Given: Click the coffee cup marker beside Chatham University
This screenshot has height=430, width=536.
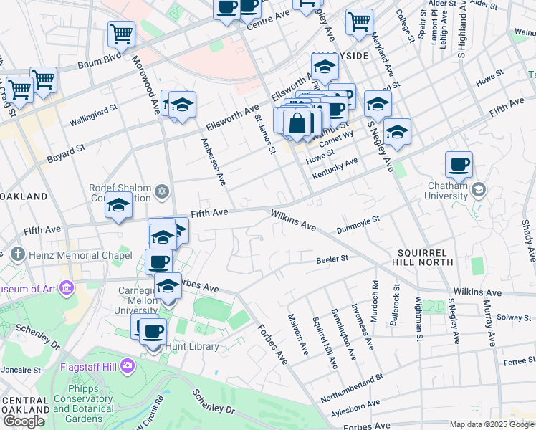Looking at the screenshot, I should point(459,164).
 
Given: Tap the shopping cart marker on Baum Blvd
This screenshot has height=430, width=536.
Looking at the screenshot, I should point(121,34).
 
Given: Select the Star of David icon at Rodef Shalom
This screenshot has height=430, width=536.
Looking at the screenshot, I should point(162,193).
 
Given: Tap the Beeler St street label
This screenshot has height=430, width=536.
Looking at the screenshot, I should point(332,258).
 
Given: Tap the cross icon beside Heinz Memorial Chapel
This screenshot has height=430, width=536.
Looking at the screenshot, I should point(17,254).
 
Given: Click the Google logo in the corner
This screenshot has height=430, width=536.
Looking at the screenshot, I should point(24,421).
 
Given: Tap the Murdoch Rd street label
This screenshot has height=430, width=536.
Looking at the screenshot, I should point(375,295).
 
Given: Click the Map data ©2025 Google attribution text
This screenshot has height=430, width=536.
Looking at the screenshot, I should point(491,424).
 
